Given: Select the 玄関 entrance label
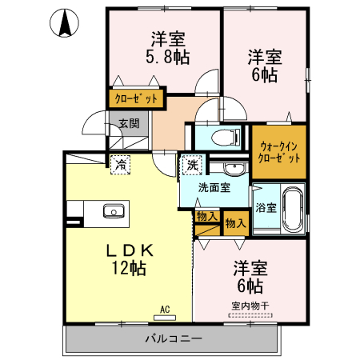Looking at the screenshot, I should coord(129,123).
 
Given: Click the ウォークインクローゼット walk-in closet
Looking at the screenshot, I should coord(279,151).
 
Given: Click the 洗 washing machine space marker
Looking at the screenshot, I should coord(192,165).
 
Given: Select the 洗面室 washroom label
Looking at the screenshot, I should coord(214,188).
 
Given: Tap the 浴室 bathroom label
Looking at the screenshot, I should coord(266,208).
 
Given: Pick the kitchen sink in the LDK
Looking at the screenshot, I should coord(113,211).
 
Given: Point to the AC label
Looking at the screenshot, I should coord(166,309).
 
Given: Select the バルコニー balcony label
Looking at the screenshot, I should coord(173,338).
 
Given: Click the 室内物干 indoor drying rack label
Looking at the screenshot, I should coord(250,305).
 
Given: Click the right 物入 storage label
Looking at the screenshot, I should coord(234,224).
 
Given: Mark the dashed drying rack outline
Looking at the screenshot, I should coord(250,315).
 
